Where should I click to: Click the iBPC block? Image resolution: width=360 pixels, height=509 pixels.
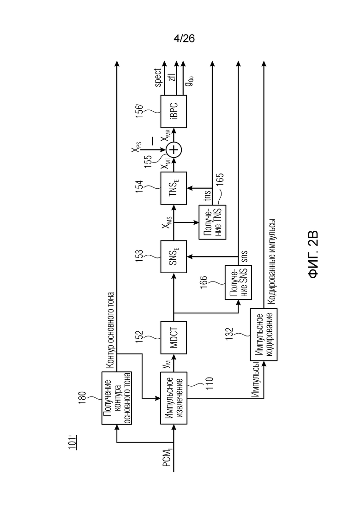coord(174,112)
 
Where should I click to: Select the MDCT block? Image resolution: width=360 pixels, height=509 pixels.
coord(174,338)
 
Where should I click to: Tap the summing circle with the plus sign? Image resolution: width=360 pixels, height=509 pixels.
coord(174,150)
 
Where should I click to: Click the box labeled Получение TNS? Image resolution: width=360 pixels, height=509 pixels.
coord(213,222)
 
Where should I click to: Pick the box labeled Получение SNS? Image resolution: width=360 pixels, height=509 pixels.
coord(238,282)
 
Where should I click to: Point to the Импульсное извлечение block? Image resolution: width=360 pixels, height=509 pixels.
coord(174,398)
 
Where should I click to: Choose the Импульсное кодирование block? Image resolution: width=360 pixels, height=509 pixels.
coord(264,335)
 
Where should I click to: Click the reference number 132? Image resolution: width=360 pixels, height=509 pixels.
coord(229,335)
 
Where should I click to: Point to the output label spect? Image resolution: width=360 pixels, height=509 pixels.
coord(158,78)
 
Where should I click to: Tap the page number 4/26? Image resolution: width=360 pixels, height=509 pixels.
coord(184,39)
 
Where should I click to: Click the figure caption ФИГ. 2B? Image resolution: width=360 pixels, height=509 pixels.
coord(313,255)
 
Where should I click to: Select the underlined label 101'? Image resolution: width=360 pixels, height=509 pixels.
coord(72,442)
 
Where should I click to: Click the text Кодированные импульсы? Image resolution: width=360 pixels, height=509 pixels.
coord(271,261)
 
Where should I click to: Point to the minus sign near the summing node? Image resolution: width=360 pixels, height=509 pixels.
coord(152,141)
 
